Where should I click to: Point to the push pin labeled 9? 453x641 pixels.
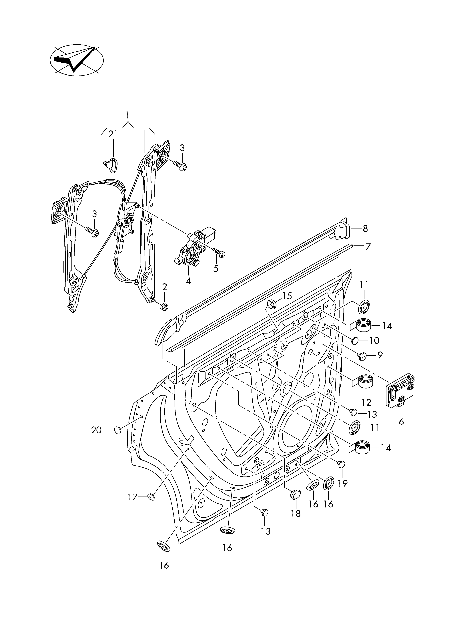click(x=362, y=355)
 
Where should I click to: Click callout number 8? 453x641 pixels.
click(x=365, y=229)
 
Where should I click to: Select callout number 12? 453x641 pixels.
click(x=366, y=402)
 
